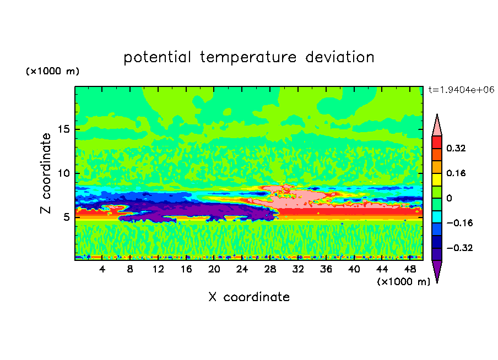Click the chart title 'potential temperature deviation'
pos(249,57)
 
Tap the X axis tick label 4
pos(102,269)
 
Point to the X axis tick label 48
pos(409,269)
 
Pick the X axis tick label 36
pos(326,269)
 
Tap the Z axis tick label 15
pos(63,129)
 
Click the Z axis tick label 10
pos(63,173)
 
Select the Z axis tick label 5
pos(66,217)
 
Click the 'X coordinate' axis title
pos(249,297)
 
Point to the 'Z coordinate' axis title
pos(46,173)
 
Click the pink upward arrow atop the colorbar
pos(437,126)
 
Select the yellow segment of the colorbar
pos(437,179)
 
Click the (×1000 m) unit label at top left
pos(52,72)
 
